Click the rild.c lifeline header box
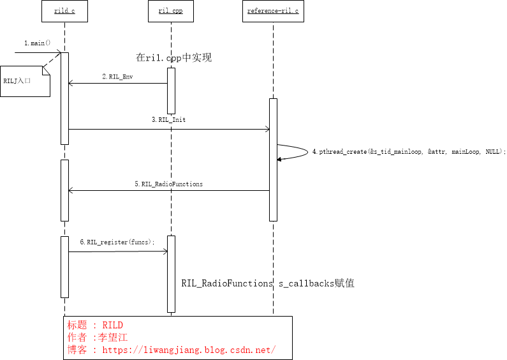(64, 11)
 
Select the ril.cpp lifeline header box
(171, 11)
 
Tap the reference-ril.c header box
(273, 11)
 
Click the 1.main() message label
(37, 43)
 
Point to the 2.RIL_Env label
(117, 77)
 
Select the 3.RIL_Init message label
(169, 119)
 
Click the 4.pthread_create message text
(408, 152)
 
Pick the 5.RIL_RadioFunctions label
(168, 184)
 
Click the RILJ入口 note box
(25, 82)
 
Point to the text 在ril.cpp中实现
(173, 58)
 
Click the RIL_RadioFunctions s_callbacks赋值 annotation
(268, 283)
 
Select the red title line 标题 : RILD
(95, 325)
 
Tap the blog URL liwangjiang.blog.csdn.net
(188, 350)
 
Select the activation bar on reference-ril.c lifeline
(273, 160)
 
